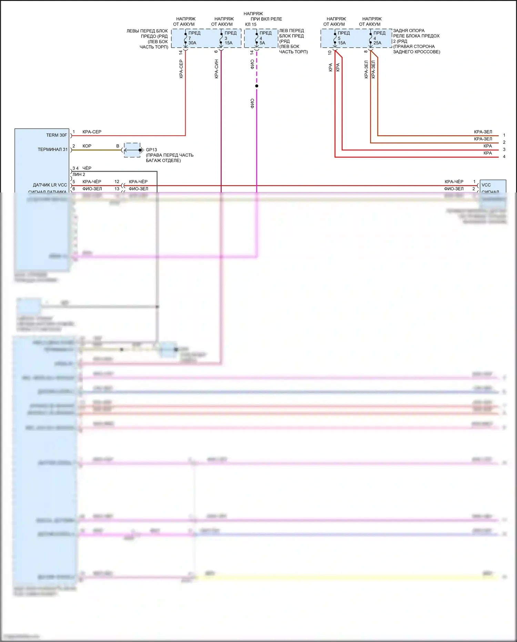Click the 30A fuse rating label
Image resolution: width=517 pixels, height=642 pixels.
192,43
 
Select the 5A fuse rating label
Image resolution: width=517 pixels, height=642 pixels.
262,43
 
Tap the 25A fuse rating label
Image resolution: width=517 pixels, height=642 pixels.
377,43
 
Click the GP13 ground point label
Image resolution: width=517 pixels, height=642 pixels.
151,150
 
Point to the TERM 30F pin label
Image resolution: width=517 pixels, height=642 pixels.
57,135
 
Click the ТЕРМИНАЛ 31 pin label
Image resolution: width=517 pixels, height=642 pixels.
53,149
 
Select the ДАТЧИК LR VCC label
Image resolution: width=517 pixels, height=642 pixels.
50,185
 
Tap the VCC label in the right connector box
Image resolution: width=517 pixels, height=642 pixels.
486,185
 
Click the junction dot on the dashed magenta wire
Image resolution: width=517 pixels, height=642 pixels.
256,86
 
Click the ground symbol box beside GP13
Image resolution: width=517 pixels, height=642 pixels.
132,150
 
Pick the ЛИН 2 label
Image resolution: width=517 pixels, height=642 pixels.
79,175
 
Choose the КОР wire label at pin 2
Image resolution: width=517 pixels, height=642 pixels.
87,146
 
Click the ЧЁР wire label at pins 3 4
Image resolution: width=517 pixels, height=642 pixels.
87,168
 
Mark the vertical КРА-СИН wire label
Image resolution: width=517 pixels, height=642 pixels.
216,69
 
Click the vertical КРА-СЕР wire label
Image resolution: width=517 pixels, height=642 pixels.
181,69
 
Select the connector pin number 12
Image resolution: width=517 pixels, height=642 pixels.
117,181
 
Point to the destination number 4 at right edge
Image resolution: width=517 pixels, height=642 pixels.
504,157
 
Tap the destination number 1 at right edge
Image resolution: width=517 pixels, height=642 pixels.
504,135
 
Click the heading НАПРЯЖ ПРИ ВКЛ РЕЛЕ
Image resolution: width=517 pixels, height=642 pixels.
263,16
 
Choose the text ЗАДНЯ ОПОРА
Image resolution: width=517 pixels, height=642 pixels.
409,31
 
